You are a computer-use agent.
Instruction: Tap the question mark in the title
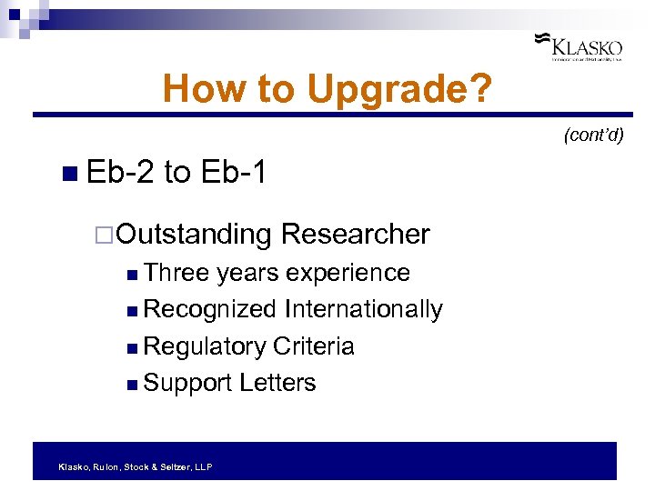pos(482,89)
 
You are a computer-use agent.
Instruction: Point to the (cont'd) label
pos(593,135)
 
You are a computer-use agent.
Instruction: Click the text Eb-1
pos(234,172)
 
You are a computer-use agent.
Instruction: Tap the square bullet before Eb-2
pos(71,173)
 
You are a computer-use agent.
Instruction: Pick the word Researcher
pos(355,234)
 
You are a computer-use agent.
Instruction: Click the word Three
pos(176,273)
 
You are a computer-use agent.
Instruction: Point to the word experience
pos(347,273)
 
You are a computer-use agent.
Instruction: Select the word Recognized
pos(210,309)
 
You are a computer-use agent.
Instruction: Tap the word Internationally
pos(363,309)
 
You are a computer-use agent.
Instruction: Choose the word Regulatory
pos(205,346)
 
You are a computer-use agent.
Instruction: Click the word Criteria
pos(313,346)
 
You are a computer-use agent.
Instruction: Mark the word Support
pos(187,383)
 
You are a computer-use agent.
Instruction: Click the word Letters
pos(277,383)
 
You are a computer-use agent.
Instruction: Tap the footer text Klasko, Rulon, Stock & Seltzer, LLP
pos(135,466)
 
